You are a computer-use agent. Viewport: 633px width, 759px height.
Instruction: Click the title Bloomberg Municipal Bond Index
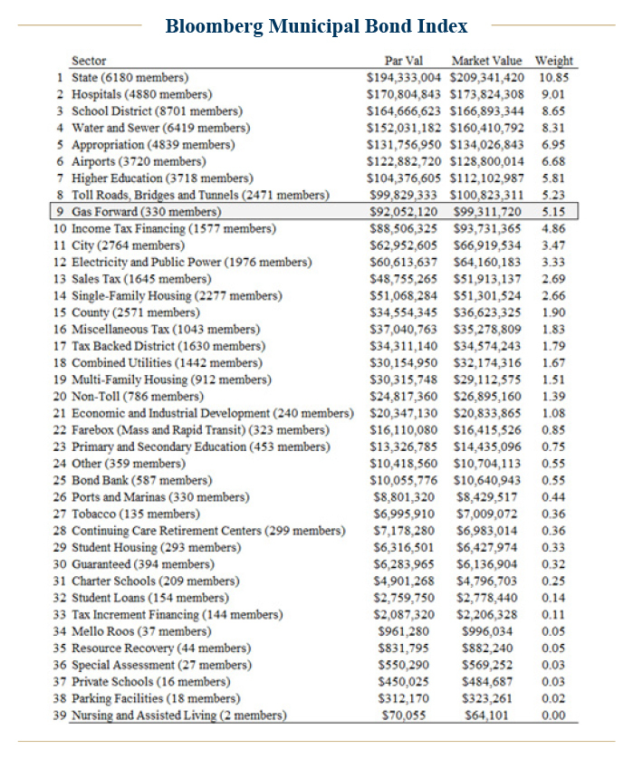click(x=316, y=26)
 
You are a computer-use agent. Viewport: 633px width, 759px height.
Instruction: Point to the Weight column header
click(x=553, y=61)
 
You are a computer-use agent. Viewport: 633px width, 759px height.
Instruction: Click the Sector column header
click(x=89, y=61)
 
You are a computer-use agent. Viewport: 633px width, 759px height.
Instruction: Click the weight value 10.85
click(x=552, y=77)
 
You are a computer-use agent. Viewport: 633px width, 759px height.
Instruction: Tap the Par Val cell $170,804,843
click(x=404, y=93)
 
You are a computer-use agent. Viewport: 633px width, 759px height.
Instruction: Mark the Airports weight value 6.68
click(x=552, y=161)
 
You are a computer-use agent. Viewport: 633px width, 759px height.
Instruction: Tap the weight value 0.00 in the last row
click(x=552, y=715)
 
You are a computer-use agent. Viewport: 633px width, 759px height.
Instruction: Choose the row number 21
click(x=60, y=413)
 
